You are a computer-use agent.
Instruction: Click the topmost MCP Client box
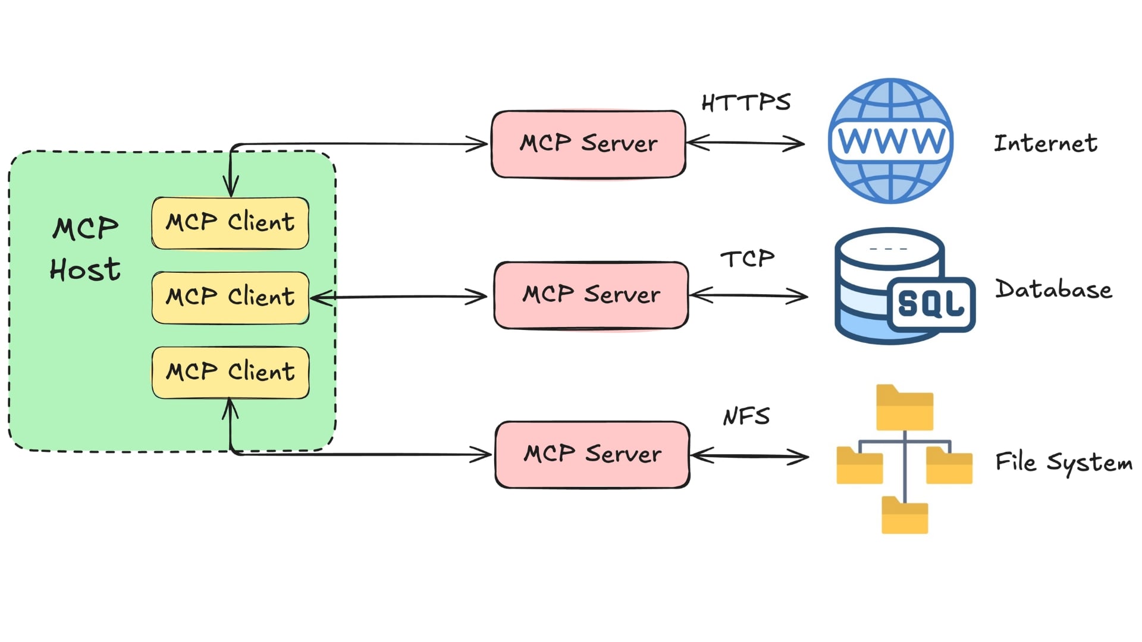click(x=230, y=223)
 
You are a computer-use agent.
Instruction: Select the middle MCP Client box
click(x=230, y=297)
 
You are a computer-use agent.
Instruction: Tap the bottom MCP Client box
click(x=230, y=372)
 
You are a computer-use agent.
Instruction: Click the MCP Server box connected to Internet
click(x=588, y=144)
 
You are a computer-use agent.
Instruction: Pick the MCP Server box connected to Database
click(x=591, y=295)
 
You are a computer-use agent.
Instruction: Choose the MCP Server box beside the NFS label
click(x=592, y=455)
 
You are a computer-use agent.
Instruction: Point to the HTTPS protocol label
click(x=746, y=103)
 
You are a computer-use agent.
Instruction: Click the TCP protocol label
click(x=748, y=259)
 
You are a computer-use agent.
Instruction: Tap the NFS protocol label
click(x=746, y=416)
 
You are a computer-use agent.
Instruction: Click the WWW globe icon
click(x=890, y=141)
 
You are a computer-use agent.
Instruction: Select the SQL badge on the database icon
click(x=931, y=304)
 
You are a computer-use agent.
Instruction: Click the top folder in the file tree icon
click(x=904, y=408)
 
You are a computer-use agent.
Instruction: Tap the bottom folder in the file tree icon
click(x=904, y=515)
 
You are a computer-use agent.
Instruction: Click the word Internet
click(x=1046, y=143)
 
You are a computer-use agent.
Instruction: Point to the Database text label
click(x=1053, y=289)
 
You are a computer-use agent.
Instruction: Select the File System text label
click(x=1063, y=462)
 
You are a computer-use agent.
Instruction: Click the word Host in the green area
click(x=85, y=270)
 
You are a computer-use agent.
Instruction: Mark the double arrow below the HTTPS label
click(x=745, y=143)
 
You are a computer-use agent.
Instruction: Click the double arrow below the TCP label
click(x=748, y=295)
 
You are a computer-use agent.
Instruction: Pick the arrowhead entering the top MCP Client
click(x=231, y=187)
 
